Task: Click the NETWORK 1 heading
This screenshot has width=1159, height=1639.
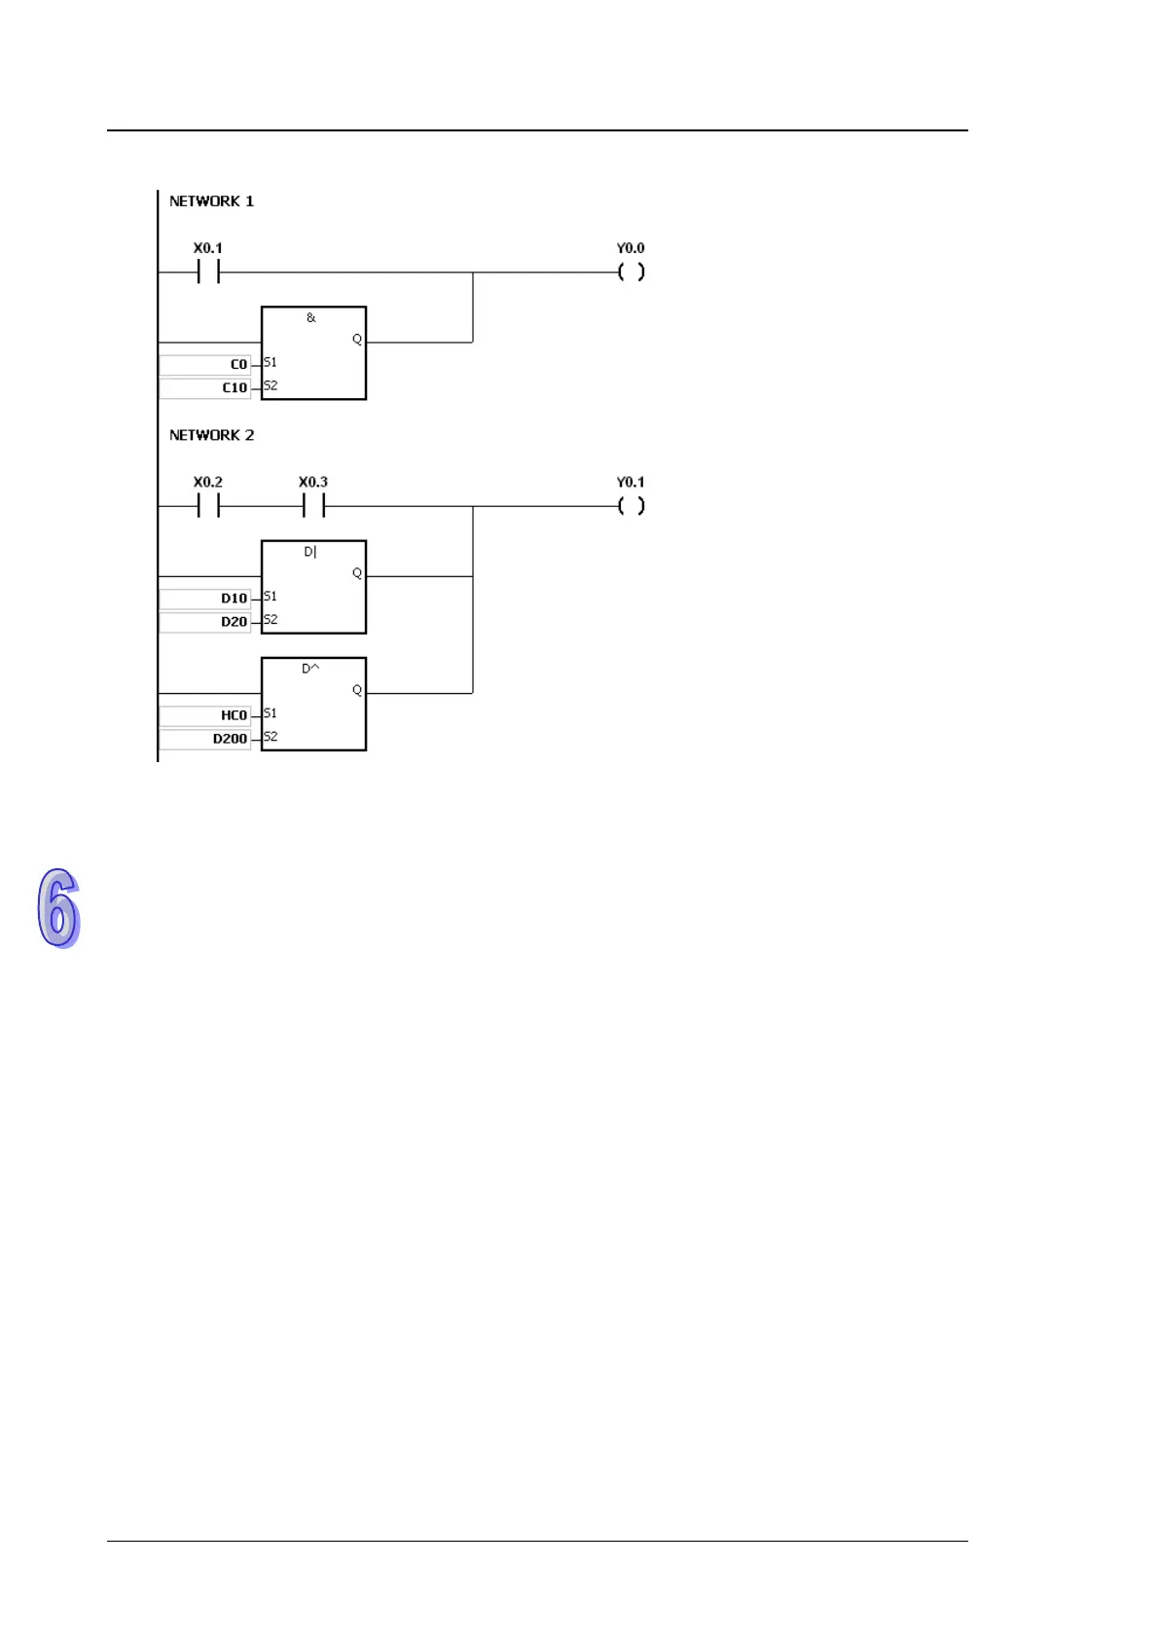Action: [211, 201]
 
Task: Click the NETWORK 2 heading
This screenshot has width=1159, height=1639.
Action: [211, 435]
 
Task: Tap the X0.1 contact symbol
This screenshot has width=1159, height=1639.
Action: [208, 273]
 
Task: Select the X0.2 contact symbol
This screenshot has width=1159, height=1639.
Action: [208, 506]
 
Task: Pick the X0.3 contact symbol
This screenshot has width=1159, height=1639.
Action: [313, 506]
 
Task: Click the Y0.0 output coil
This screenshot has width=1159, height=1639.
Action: [631, 273]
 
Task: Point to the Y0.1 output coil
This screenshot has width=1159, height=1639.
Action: [631, 506]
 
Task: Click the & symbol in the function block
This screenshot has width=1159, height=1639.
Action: [311, 318]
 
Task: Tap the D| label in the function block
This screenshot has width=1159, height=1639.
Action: [310, 552]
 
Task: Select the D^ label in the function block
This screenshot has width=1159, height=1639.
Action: [310, 669]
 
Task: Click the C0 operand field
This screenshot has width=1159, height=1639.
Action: [205, 365]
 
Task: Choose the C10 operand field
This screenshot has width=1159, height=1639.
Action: [205, 388]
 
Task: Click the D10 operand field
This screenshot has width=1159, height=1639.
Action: [205, 599]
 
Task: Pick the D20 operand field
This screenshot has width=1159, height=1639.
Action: [205, 622]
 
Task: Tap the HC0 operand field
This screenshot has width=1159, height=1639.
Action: [205, 715]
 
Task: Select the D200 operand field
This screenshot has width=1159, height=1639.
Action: [205, 739]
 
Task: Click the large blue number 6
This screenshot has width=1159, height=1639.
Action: [58, 907]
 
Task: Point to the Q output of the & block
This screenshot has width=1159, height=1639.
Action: [357, 340]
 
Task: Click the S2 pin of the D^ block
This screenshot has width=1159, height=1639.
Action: [271, 737]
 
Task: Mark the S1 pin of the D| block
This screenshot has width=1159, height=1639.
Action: [271, 597]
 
